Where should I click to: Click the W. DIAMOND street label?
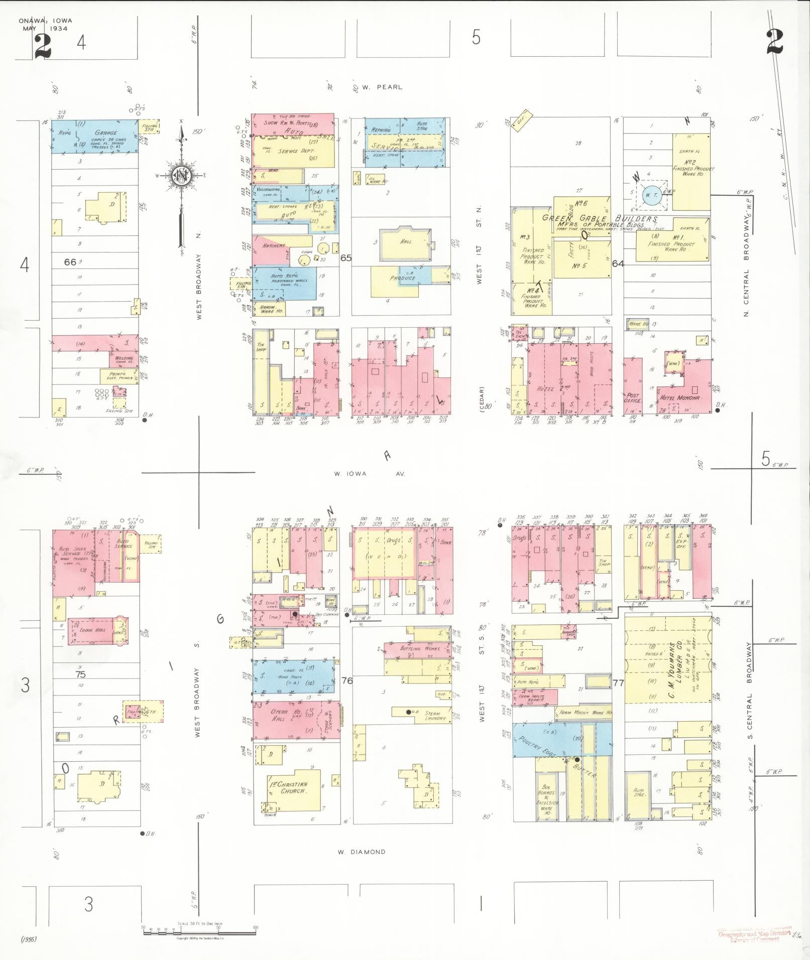point(362,852)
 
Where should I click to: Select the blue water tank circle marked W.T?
point(651,195)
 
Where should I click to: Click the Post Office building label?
point(633,398)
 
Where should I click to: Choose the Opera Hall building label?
point(280,715)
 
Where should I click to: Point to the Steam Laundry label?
point(432,716)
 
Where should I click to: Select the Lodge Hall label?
point(93,629)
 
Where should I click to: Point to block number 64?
point(618,263)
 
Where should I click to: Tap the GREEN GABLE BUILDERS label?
point(599,219)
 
